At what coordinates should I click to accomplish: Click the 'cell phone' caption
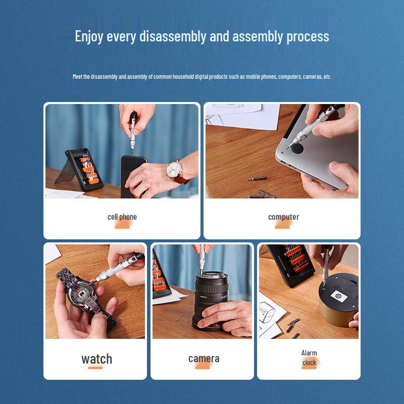[122, 217]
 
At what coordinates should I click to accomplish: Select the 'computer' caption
[283, 217]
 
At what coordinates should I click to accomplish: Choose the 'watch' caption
[96, 359]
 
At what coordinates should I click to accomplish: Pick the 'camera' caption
[204, 359]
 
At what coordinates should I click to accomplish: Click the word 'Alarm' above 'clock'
[309, 353]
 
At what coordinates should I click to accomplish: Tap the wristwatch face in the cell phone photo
[176, 168]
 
